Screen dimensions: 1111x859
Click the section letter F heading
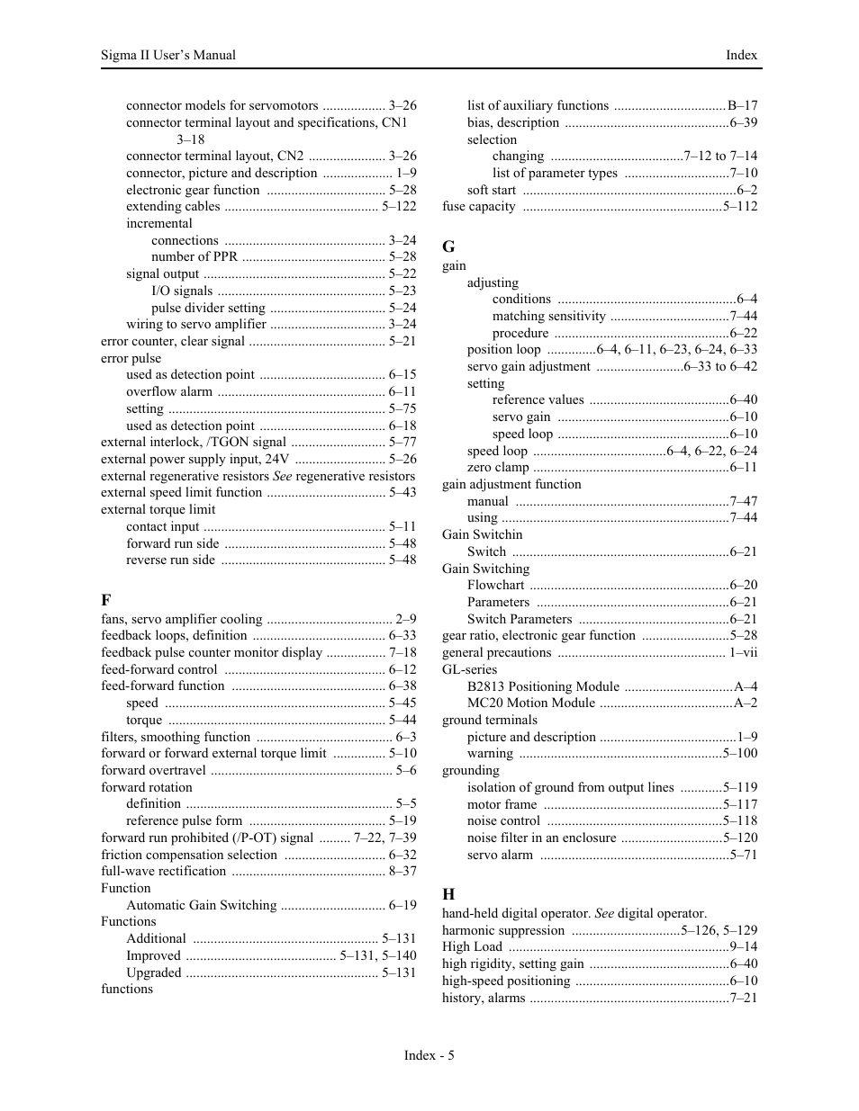click(x=106, y=600)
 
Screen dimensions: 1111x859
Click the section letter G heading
click(x=448, y=246)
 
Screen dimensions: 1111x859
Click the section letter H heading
click(x=448, y=893)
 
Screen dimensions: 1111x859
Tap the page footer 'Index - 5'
click(x=429, y=1055)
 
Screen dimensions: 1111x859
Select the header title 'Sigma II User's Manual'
click(x=168, y=55)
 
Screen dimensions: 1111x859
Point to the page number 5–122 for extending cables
click(x=399, y=206)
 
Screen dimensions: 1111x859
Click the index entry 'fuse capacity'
click(x=479, y=206)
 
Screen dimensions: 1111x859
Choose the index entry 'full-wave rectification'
click(x=164, y=871)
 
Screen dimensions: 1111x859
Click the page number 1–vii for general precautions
click(x=743, y=652)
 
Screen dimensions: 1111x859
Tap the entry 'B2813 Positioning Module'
click(x=543, y=686)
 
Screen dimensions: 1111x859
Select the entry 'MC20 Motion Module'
click(x=531, y=703)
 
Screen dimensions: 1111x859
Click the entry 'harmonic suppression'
click(x=503, y=930)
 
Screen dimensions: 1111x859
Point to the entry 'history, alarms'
click(x=484, y=998)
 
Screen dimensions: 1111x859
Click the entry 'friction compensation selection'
click(x=189, y=855)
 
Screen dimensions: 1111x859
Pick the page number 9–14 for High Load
click(x=744, y=946)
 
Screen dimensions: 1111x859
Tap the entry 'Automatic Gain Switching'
click(x=201, y=905)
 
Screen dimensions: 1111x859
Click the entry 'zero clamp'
click(x=498, y=467)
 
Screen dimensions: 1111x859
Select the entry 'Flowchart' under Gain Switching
click(x=495, y=585)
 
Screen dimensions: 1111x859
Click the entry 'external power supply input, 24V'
click(x=195, y=459)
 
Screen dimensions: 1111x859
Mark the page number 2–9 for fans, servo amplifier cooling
click(x=406, y=619)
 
